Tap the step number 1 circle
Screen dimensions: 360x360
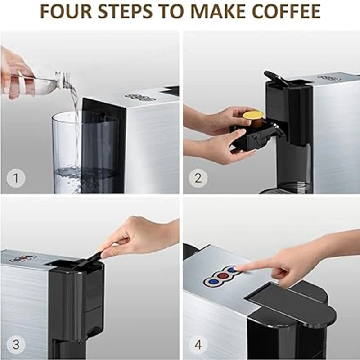pos(16,179)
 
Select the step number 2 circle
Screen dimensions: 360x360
pos(198,179)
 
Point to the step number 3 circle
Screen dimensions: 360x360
pos(16,345)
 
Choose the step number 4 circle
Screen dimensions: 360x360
pos(198,345)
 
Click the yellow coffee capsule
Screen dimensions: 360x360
pos(252,116)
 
